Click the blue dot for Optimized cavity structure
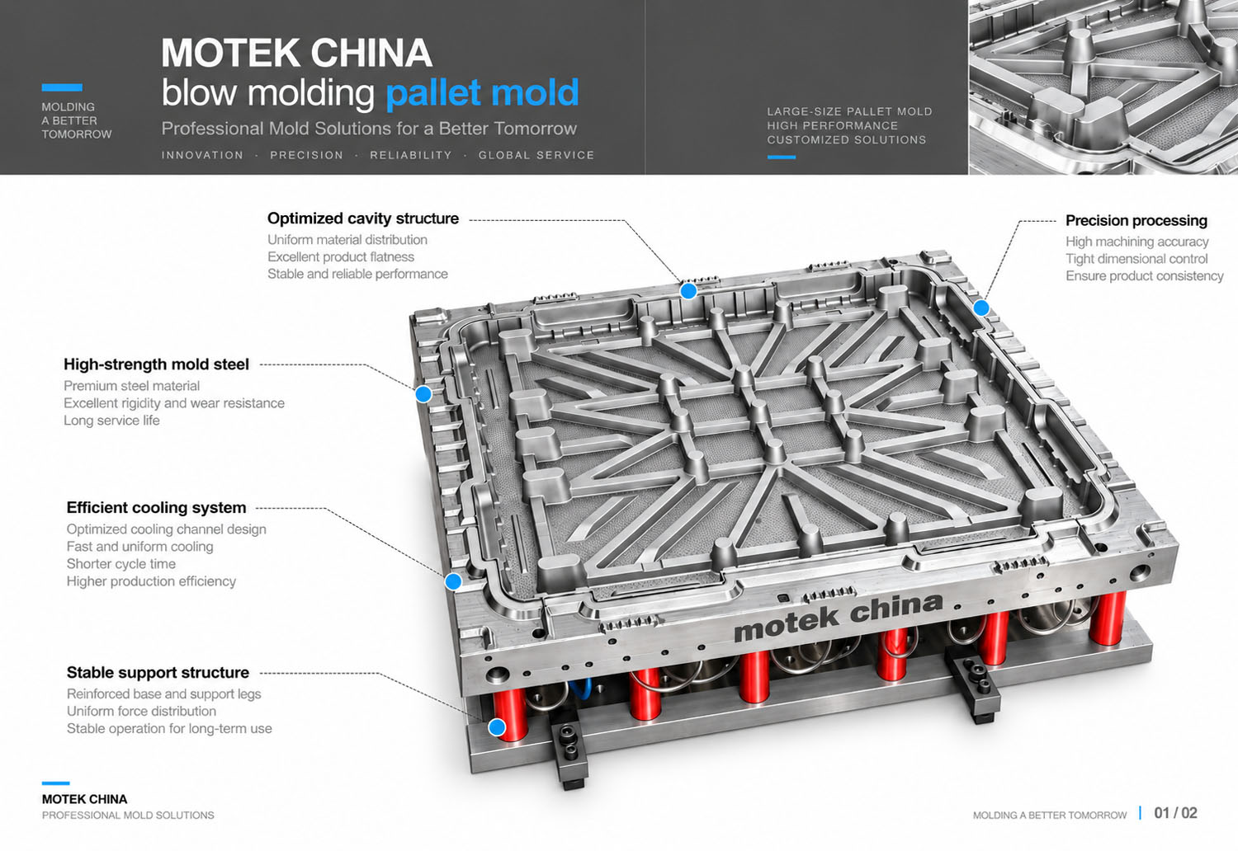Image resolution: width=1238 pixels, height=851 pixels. (688, 291)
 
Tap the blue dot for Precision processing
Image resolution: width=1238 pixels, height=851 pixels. (981, 308)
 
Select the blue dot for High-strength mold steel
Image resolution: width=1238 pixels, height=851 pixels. (423, 393)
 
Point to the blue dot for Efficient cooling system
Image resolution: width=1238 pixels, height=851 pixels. (453, 581)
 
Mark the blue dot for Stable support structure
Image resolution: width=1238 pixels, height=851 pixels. (498, 726)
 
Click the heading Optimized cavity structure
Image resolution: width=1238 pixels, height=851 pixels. (362, 219)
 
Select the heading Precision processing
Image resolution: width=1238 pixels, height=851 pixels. (1136, 220)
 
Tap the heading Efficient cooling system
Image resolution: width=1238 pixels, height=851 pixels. (157, 507)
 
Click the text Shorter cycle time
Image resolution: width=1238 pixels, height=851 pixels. (121, 564)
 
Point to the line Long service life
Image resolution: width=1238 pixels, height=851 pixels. (111, 421)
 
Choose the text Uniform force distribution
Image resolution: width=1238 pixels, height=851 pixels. (141, 711)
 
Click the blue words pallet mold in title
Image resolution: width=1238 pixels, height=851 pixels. (483, 93)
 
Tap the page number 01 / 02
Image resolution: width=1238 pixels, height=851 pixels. (1175, 813)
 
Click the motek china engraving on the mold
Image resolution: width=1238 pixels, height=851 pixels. (838, 617)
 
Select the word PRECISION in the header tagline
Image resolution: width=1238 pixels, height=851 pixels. (307, 155)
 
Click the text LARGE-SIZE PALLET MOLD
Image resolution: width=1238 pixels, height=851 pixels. (849, 111)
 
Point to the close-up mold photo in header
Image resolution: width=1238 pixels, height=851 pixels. (1103, 87)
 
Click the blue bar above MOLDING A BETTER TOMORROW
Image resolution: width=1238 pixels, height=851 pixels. (62, 87)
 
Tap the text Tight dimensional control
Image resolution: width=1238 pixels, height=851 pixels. (1136, 258)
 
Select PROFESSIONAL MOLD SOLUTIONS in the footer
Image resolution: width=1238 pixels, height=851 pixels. (128, 815)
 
